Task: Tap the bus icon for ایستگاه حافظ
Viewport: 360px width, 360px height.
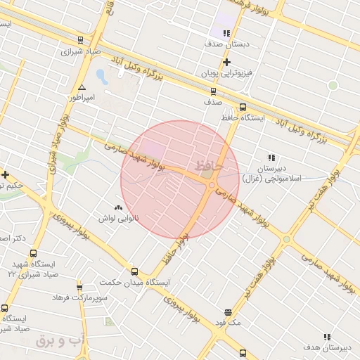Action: click(243, 108)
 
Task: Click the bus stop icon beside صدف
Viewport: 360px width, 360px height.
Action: click(213, 91)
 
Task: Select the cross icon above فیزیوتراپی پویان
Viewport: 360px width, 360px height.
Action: click(226, 63)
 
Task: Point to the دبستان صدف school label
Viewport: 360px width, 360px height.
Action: click(226, 44)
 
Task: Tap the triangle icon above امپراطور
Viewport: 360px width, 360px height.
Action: click(82, 86)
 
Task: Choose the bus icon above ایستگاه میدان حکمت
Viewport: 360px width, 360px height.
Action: click(134, 271)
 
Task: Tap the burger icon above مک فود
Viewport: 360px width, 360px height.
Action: click(229, 312)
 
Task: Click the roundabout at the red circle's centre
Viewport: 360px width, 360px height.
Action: click(212, 185)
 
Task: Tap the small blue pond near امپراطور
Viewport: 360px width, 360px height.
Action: click(101, 75)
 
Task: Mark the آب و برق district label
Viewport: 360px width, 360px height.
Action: click(60, 341)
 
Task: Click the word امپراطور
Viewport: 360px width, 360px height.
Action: click(82, 97)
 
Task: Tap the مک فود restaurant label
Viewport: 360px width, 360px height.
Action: click(229, 322)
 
